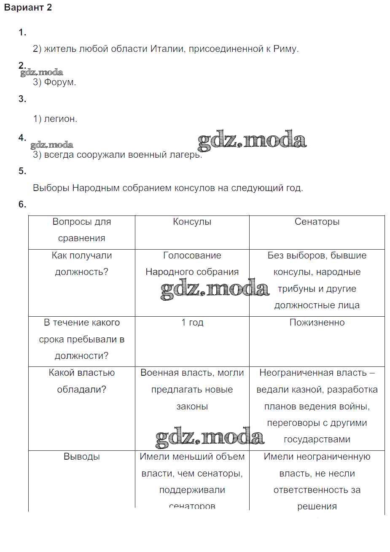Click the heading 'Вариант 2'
click(x=28, y=8)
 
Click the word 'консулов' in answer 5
click(x=197, y=188)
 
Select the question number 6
click(x=22, y=205)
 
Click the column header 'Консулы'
click(x=192, y=222)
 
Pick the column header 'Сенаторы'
click(x=317, y=222)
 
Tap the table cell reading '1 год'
click(x=192, y=323)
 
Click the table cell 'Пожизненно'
click(x=317, y=323)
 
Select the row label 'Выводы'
click(x=82, y=457)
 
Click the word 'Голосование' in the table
click(x=192, y=256)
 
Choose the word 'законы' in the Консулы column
click(x=192, y=407)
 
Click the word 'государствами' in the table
click(x=317, y=439)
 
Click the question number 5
click(x=22, y=171)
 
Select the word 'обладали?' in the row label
click(x=82, y=390)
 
